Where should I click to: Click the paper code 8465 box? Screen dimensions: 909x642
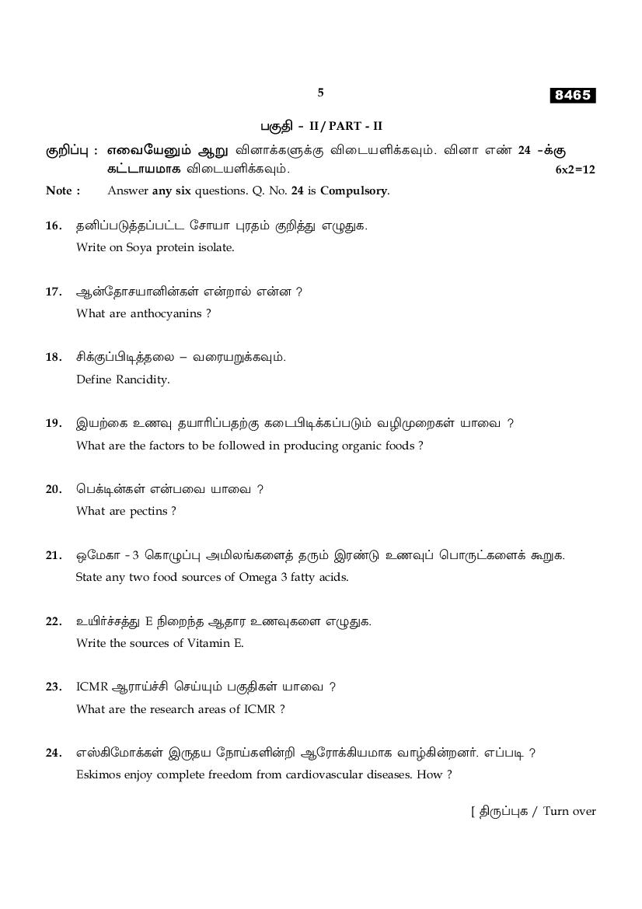click(x=573, y=96)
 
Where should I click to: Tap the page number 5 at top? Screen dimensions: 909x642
click(x=320, y=93)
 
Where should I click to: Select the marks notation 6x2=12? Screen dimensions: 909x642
click(x=575, y=170)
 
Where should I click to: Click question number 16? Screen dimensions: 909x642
click(x=53, y=226)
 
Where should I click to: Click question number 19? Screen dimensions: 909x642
click(x=53, y=423)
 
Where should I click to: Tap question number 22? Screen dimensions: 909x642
click(x=53, y=621)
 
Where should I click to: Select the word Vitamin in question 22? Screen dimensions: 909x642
click(x=213, y=643)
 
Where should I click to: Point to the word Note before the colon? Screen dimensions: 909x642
click(x=59, y=191)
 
